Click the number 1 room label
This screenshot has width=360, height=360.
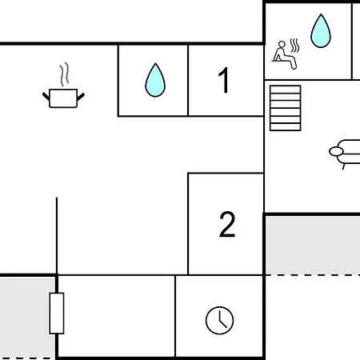tap(224, 80)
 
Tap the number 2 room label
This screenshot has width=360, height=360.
tap(227, 224)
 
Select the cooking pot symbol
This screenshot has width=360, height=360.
tap(63, 98)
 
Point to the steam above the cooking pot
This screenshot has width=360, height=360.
tap(64, 74)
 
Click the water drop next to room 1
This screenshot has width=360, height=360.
tap(155, 80)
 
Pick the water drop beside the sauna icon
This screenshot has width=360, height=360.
tap(321, 31)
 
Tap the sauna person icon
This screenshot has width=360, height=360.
tap(284, 55)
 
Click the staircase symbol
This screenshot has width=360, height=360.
tap(286, 108)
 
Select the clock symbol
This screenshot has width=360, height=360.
tap(219, 320)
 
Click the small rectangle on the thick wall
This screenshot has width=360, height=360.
tap(57, 314)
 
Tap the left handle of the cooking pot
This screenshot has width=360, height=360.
tap(46, 96)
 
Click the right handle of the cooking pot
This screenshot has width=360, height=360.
tap(81, 97)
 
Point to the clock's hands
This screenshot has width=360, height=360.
tap(221, 319)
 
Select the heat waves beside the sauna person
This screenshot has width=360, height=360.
tap(294, 46)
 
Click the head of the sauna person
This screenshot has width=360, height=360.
tap(282, 44)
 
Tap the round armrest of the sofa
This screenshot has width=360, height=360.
tap(336, 151)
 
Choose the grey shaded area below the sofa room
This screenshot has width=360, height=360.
tap(313, 246)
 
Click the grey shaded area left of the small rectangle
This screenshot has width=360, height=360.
tap(27, 318)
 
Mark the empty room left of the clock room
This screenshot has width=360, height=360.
tap(117, 316)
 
